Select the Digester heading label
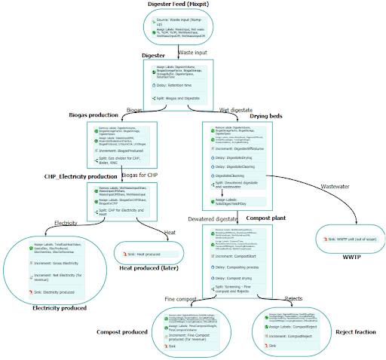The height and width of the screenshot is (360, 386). (154, 56)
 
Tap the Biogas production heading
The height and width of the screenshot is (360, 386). (93, 115)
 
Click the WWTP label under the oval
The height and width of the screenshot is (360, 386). (332, 257)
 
